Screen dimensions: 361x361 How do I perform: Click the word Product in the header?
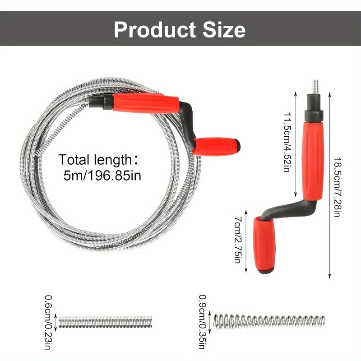tap(155, 30)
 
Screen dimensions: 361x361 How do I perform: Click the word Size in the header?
tap(224, 29)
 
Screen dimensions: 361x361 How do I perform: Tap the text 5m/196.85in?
tap(102, 176)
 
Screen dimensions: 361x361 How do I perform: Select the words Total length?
tap(95, 159)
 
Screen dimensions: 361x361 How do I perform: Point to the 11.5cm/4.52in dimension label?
tap(287, 142)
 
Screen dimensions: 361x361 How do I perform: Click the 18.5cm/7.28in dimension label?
tap(338, 187)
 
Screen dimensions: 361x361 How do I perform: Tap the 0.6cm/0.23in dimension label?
tap(48, 322)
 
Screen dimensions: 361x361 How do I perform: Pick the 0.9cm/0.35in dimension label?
tap(202, 322)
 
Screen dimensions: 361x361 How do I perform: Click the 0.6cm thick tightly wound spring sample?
tap(106, 322)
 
